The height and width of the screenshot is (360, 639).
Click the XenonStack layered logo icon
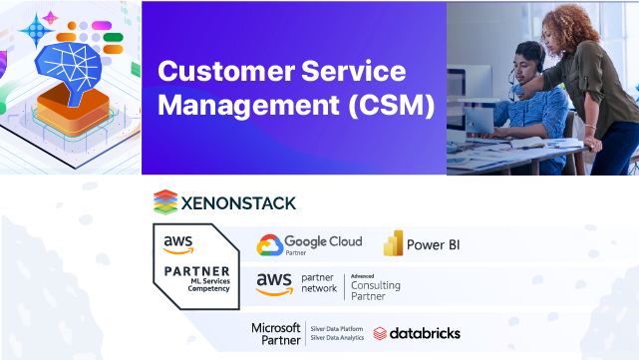(165, 202)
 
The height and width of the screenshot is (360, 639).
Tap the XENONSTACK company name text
(238, 203)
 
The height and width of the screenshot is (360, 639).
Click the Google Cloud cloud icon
(269, 244)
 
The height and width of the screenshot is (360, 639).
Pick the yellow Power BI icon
(394, 244)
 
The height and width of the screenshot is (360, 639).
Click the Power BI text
(434, 244)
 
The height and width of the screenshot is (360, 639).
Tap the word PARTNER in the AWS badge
(195, 271)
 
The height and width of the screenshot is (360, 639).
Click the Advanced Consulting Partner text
(375, 286)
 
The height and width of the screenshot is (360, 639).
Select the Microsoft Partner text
(275, 332)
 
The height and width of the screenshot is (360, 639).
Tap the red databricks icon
(380, 333)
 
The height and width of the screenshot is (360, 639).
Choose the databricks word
(426, 333)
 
